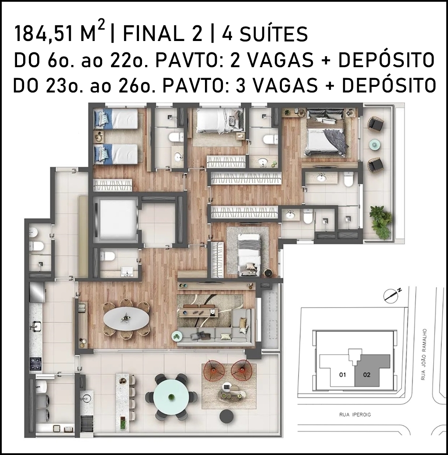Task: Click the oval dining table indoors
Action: point(126,318)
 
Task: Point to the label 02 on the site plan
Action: point(367,375)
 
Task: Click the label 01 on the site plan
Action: point(343,375)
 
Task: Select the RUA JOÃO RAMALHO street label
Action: point(423,354)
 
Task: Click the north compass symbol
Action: point(392,295)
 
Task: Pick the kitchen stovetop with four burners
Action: point(35,364)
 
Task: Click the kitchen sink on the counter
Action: point(35,326)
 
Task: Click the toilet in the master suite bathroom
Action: point(348,179)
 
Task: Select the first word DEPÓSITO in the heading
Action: point(386,60)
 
